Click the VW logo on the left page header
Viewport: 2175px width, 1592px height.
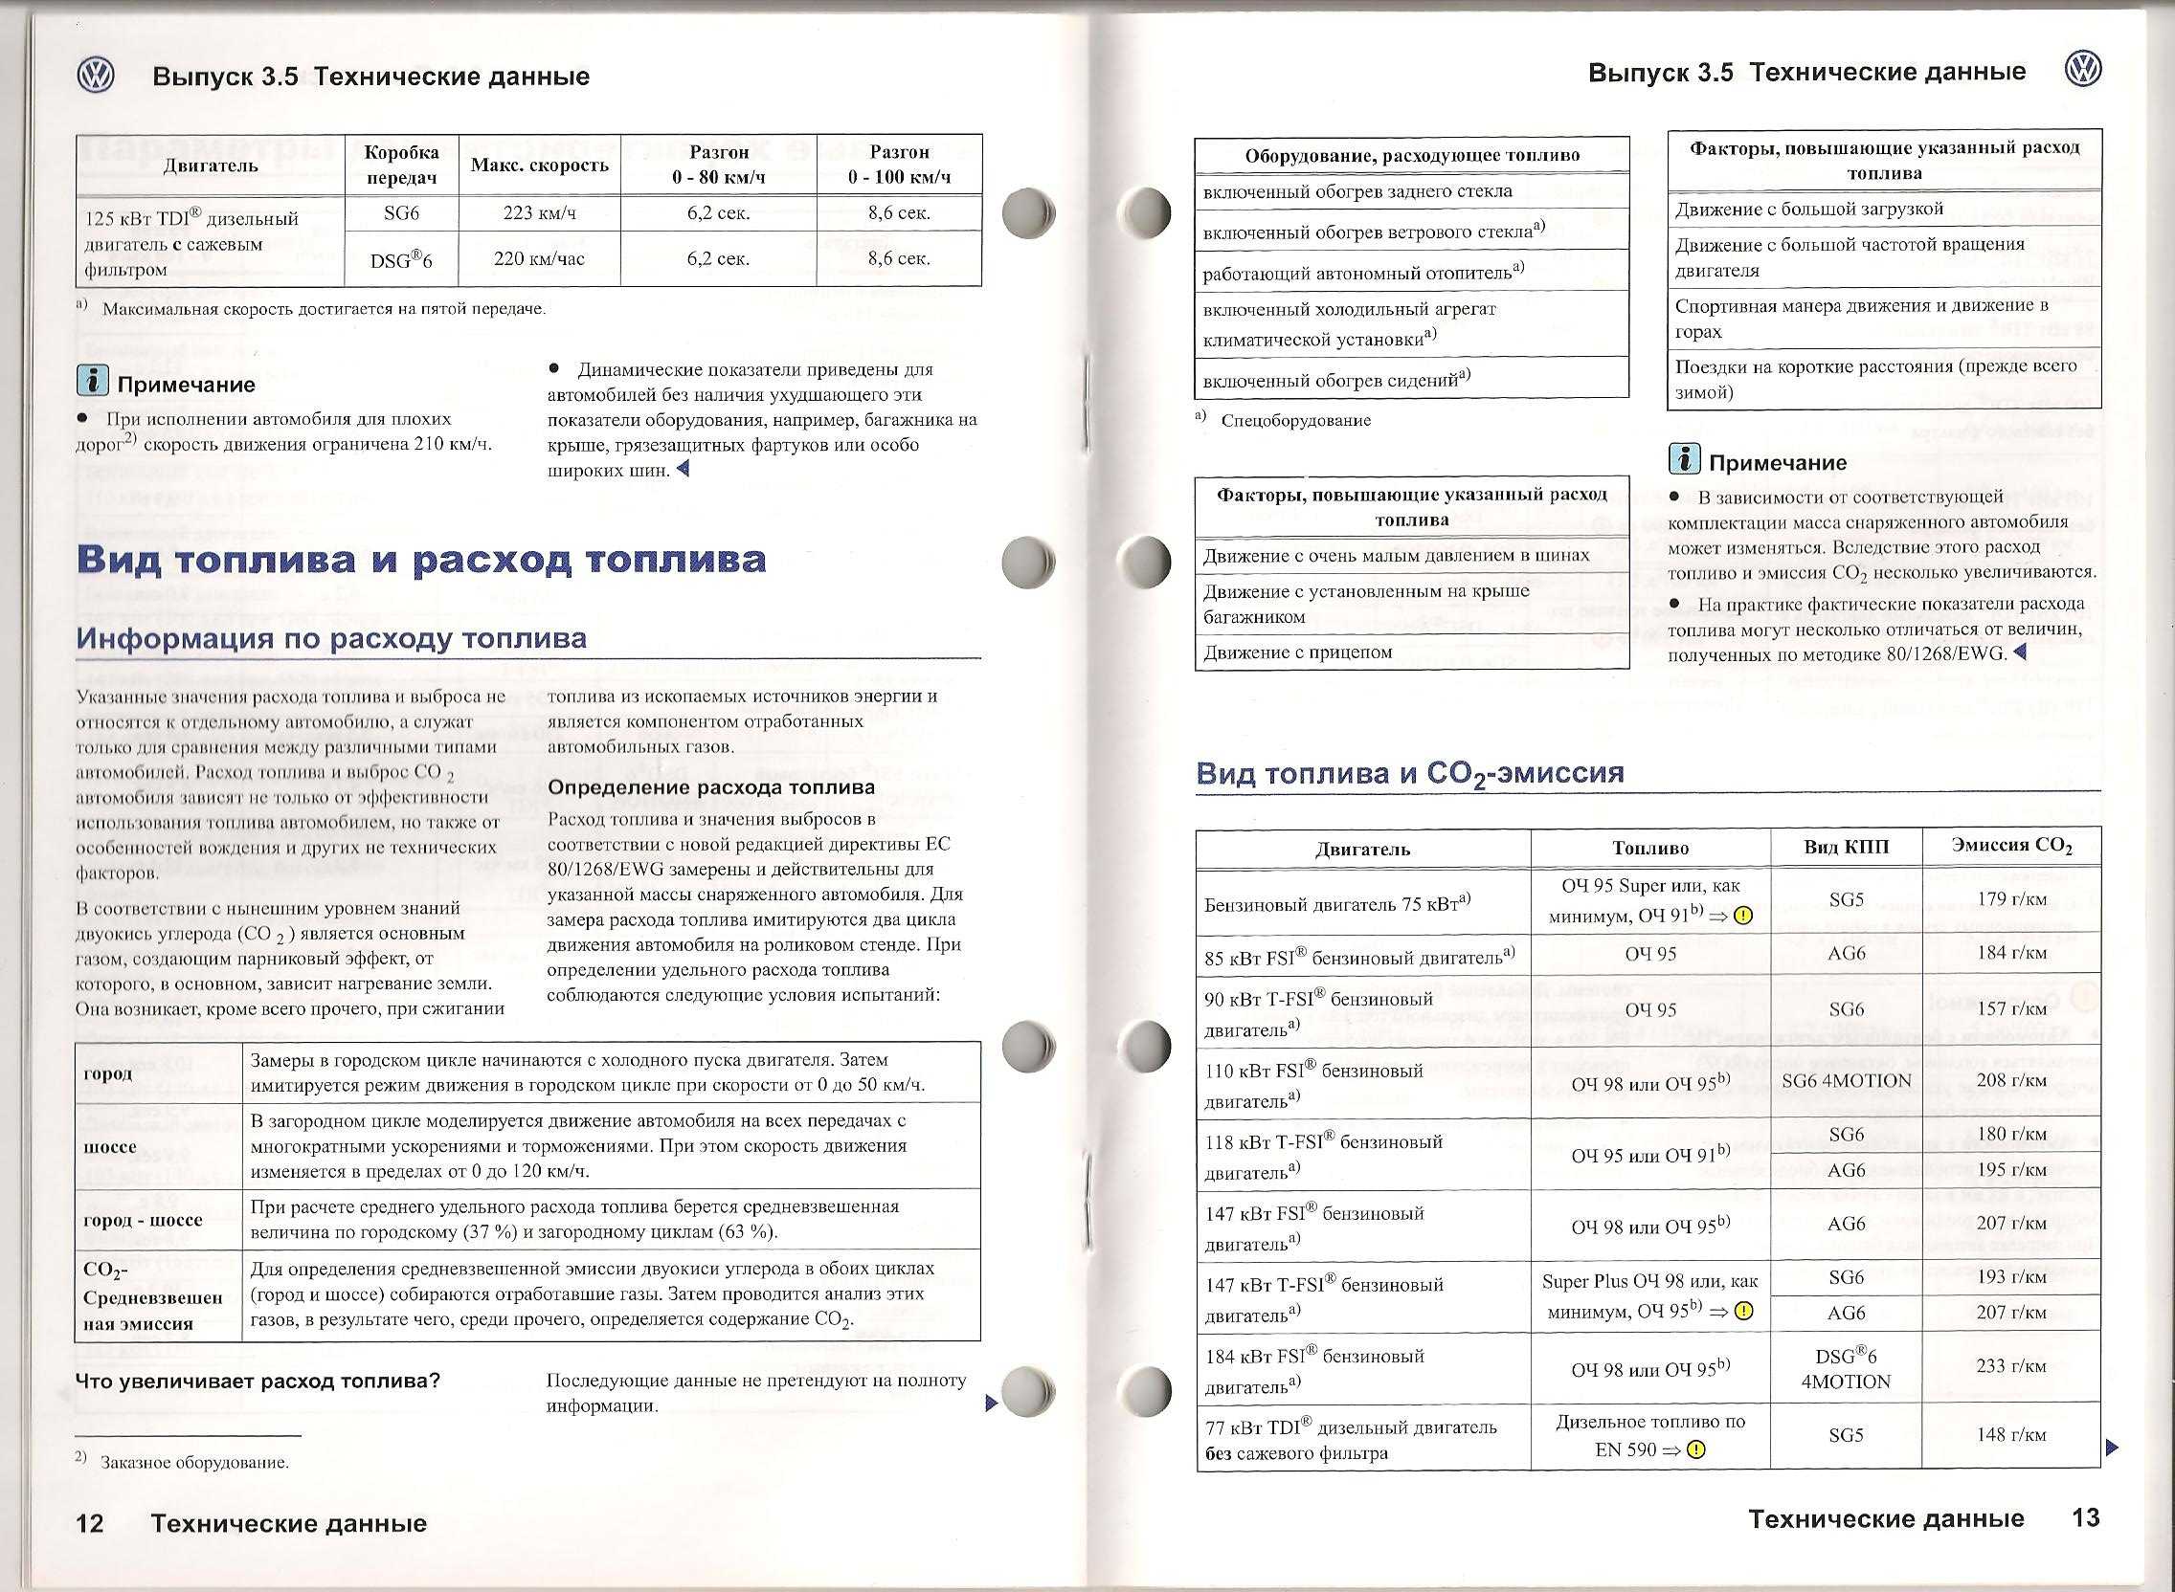pyautogui.click(x=96, y=76)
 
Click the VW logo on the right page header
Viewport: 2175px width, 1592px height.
pyautogui.click(x=2083, y=70)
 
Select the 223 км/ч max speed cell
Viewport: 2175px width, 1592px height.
pyautogui.click(x=538, y=213)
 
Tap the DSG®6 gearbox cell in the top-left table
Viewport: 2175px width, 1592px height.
pyautogui.click(x=401, y=259)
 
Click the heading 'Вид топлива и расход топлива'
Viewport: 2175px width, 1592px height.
pyautogui.click(x=421, y=559)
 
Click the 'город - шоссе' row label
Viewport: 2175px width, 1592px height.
pyautogui.click(x=143, y=1219)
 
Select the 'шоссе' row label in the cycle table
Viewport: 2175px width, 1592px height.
pyautogui.click(x=110, y=1147)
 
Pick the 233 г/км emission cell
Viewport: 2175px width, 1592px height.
pyautogui.click(x=2010, y=1366)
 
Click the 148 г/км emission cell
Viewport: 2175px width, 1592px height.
pyautogui.click(x=2010, y=1435)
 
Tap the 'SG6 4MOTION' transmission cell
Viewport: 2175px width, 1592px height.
pyautogui.click(x=1847, y=1081)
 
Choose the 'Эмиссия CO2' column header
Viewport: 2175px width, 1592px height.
pyautogui.click(x=2011, y=846)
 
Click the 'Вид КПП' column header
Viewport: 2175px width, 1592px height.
pyautogui.click(x=1847, y=848)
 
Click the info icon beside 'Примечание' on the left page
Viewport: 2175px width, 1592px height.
pyautogui.click(x=93, y=383)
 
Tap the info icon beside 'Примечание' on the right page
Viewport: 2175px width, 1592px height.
pyautogui.click(x=1683, y=460)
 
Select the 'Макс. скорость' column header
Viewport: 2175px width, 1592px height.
pyautogui.click(x=539, y=165)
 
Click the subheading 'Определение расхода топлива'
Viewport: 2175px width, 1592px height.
pyautogui.click(x=710, y=787)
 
